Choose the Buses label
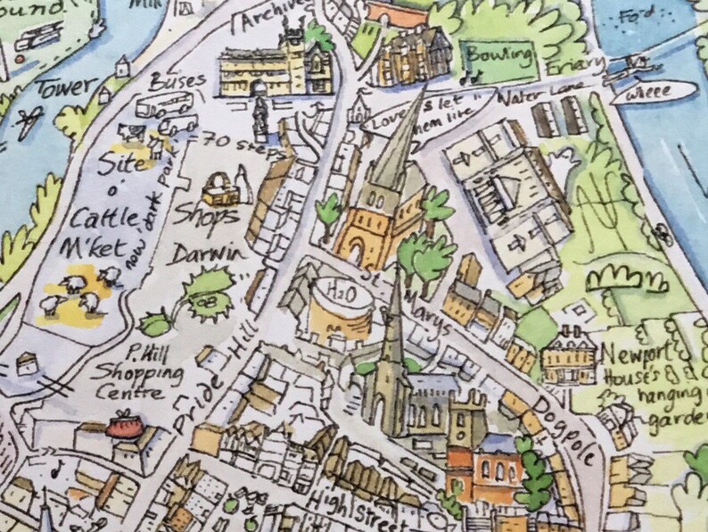179,81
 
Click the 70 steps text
234,140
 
